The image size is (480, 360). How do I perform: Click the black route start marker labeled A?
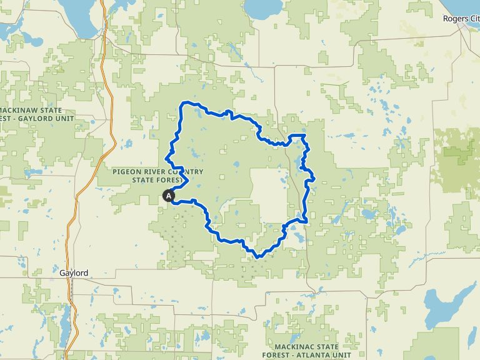click(x=169, y=196)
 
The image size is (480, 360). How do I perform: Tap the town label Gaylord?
click(x=74, y=273)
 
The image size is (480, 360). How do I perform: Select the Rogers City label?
click(x=461, y=19)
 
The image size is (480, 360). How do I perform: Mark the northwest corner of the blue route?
click(x=182, y=102)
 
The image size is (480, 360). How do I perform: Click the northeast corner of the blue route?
click(x=304, y=136)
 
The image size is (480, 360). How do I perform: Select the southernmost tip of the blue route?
click(x=257, y=256)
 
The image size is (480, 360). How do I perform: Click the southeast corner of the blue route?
click(x=304, y=221)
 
